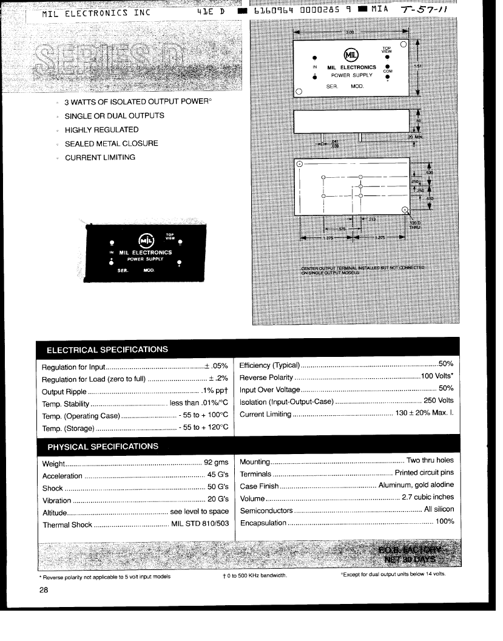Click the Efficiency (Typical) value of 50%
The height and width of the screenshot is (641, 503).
coord(446,364)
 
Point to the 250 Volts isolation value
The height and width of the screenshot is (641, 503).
coord(438,401)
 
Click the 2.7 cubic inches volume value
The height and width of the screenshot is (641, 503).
coord(428,498)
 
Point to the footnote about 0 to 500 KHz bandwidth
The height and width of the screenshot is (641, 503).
coord(254,575)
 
